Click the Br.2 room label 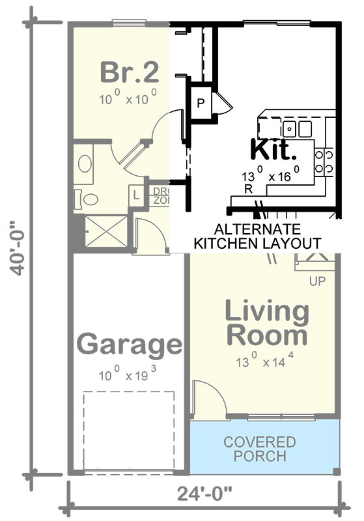(128, 73)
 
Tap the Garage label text (129, 345)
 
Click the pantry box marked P (201, 103)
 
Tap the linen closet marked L (137, 195)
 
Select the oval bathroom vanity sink (85, 163)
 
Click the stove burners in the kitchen (324, 162)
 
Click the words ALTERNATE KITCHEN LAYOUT (258, 236)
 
